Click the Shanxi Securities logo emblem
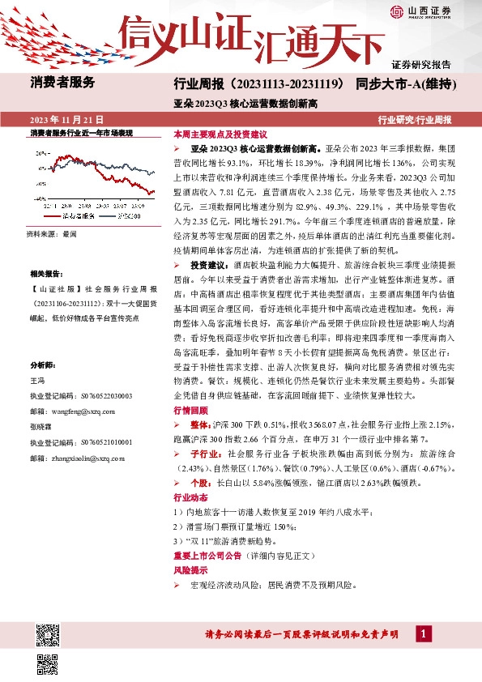[x=397, y=11]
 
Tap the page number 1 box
[x=423, y=633]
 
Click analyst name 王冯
[x=37, y=380]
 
